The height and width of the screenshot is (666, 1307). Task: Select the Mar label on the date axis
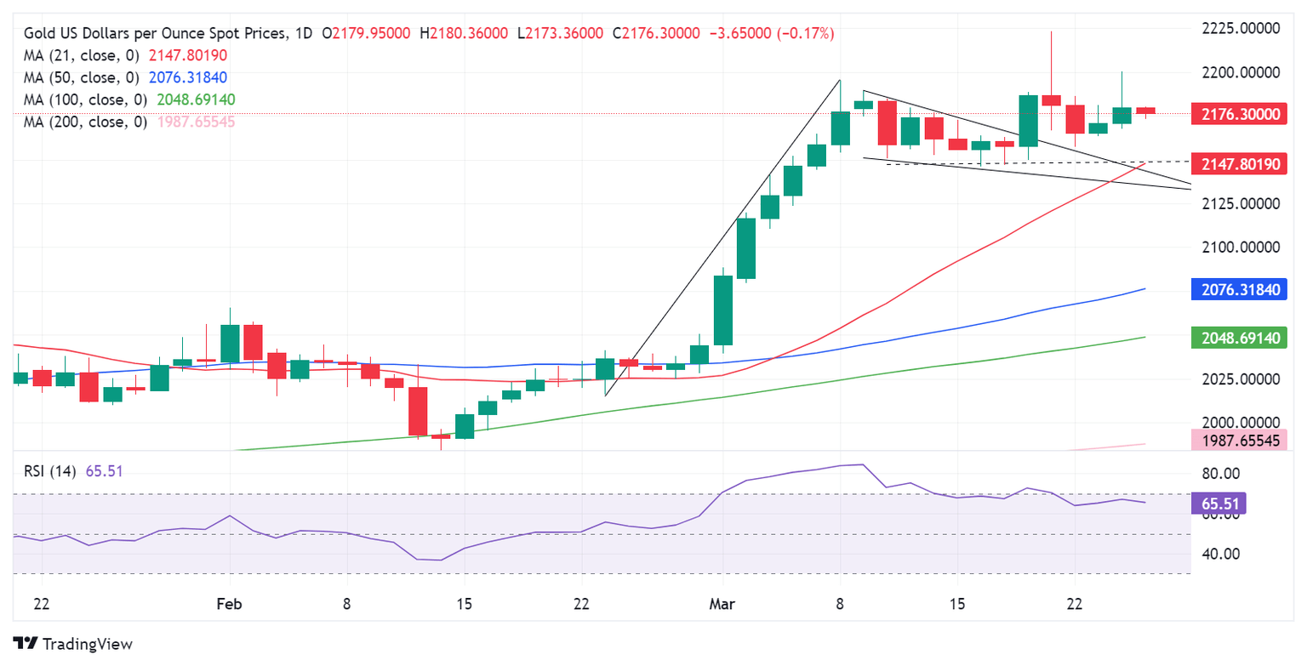point(722,605)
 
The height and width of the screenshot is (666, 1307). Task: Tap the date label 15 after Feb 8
point(464,605)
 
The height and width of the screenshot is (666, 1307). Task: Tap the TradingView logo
point(73,644)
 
